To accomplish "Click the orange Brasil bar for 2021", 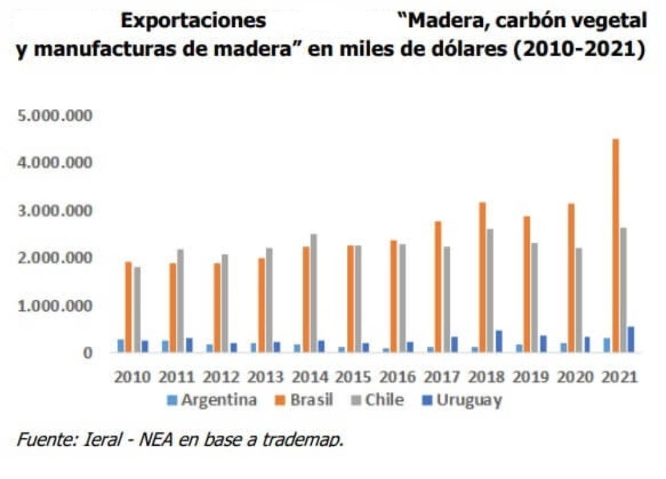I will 616,246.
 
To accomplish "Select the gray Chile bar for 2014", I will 313,293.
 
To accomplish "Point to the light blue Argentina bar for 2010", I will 121,346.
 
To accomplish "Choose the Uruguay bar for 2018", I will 499,341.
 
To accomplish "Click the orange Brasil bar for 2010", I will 128,307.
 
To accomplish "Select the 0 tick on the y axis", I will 87,353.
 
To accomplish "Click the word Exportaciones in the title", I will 192,21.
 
